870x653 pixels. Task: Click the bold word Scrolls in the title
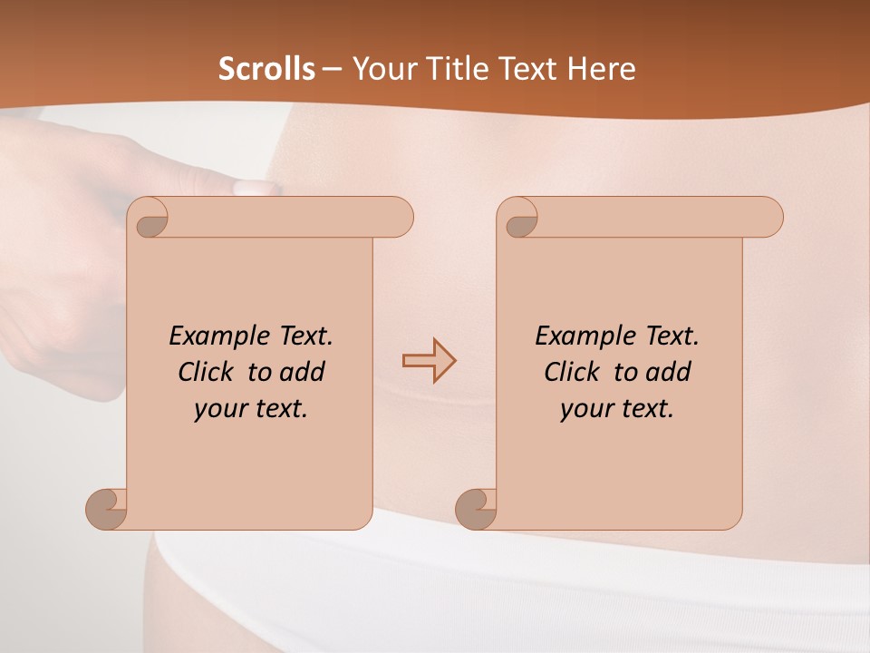(x=267, y=69)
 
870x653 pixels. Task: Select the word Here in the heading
(x=602, y=69)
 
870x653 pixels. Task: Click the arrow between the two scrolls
(x=429, y=360)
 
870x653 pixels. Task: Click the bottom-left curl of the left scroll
(x=107, y=508)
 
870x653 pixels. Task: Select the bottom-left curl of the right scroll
(x=477, y=508)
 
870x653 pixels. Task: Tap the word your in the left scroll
(x=217, y=409)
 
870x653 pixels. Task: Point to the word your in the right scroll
(x=584, y=409)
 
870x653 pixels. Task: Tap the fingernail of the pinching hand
(x=253, y=188)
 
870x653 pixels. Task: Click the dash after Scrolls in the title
(x=333, y=69)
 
